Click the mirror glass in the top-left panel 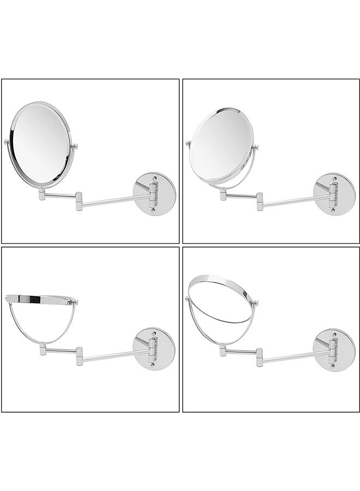[41, 144]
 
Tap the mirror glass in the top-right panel [221, 144]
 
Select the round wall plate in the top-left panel [159, 194]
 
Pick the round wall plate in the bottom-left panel [159, 349]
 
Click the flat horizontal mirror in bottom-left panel [40, 299]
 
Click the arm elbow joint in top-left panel [79, 201]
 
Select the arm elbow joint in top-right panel [260, 201]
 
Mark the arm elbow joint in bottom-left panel [79, 356]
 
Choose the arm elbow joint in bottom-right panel [260, 356]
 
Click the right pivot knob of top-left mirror [74, 146]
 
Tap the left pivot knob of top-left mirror [7, 142]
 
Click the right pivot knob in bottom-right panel [255, 303]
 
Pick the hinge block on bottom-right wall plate [332, 349]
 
